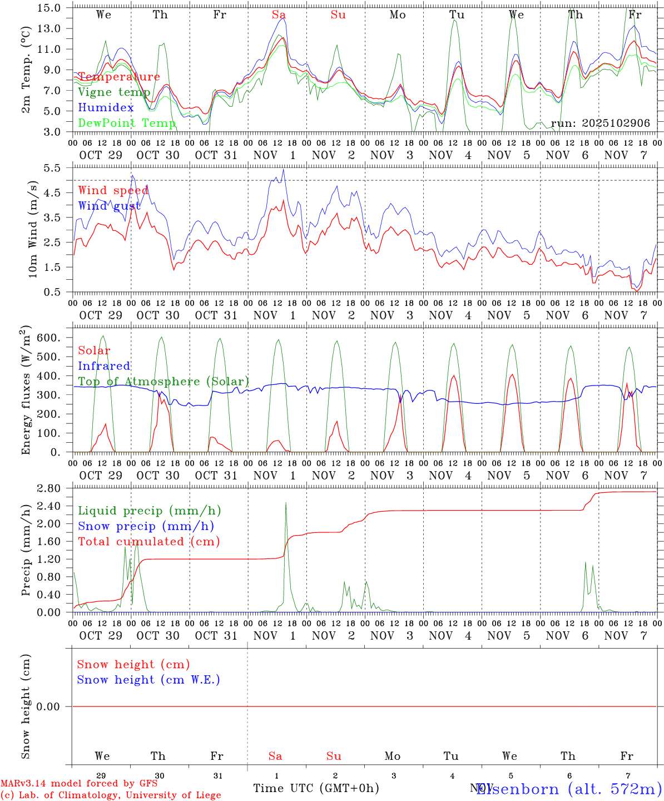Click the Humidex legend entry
(x=106, y=107)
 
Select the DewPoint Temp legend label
(x=127, y=123)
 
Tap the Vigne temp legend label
(x=113, y=92)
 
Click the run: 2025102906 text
(x=600, y=123)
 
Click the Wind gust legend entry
(x=109, y=206)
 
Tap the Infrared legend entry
(x=104, y=366)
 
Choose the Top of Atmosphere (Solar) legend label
(x=163, y=382)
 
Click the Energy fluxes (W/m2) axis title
(x=26, y=391)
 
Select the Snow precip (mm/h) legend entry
(x=146, y=526)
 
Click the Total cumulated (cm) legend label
(x=148, y=542)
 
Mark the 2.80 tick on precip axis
(x=54, y=488)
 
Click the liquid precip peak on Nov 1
(x=286, y=503)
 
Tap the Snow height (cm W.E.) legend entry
(x=148, y=680)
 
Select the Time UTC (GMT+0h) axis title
(x=316, y=788)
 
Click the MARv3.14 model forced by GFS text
(x=79, y=783)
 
